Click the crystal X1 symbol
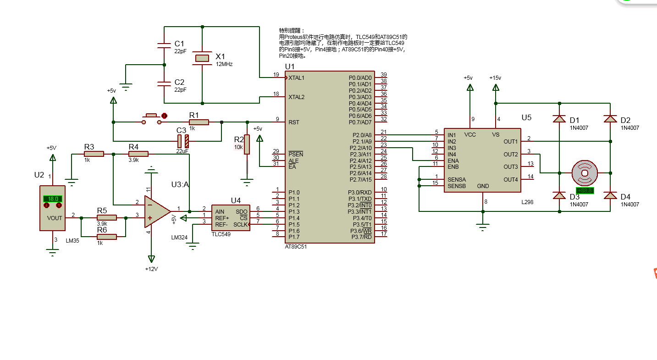pyautogui.click(x=202, y=58)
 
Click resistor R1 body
pyautogui.click(x=199, y=122)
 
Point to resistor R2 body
pyautogui.click(x=247, y=144)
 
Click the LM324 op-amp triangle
pyautogui.click(x=156, y=211)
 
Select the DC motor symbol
pyautogui.click(x=585, y=173)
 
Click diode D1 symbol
pyautogui.click(x=559, y=119)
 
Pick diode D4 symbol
pyautogui.click(x=610, y=196)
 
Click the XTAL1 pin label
pyautogui.click(x=297, y=78)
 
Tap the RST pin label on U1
pyautogui.click(x=294, y=122)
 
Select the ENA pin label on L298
pyautogui.click(x=453, y=161)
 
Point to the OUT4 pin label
pyautogui.click(x=510, y=179)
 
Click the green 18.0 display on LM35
pyautogui.click(x=53, y=199)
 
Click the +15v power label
pyautogui.click(x=495, y=78)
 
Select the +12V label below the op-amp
pyautogui.click(x=151, y=269)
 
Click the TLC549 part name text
pyautogui.click(x=221, y=234)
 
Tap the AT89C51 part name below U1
pyautogui.click(x=296, y=246)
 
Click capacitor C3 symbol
pyautogui.click(x=183, y=141)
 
